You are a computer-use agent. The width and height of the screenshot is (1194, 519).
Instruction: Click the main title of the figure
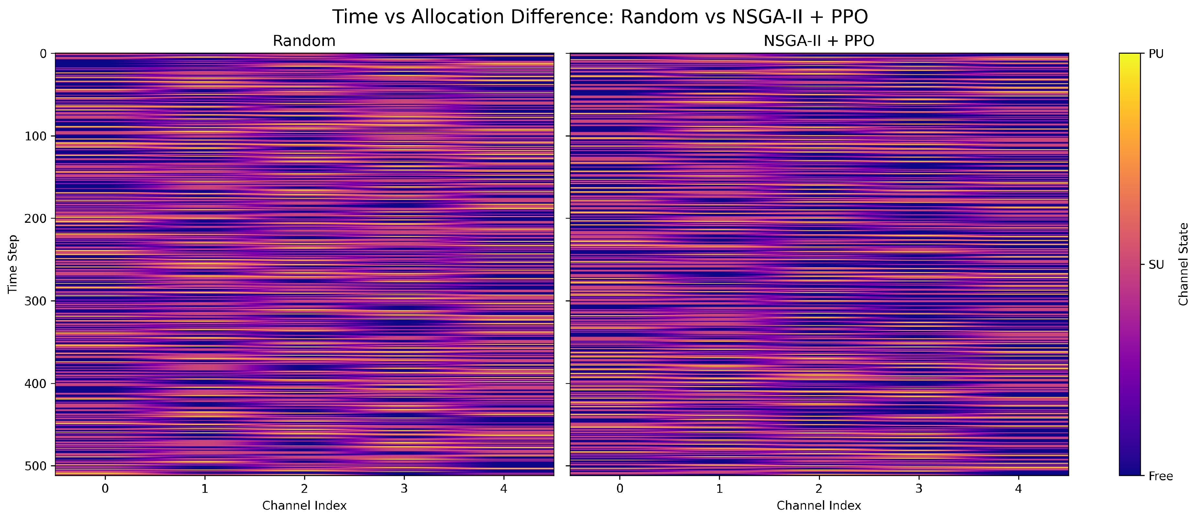[x=600, y=17]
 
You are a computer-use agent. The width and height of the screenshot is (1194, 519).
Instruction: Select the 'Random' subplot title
[x=304, y=41]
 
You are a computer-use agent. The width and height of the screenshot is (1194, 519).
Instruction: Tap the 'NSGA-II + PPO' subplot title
[x=819, y=41]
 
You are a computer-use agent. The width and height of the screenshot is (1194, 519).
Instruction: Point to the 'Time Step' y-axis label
[x=13, y=264]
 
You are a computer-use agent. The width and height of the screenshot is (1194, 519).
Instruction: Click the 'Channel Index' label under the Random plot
[x=304, y=505]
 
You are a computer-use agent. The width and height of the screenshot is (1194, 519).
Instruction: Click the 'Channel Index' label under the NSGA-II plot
[x=819, y=505]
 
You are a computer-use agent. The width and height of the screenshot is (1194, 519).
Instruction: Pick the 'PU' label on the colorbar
[x=1156, y=54]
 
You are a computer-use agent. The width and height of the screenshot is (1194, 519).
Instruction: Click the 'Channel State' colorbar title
[x=1183, y=264]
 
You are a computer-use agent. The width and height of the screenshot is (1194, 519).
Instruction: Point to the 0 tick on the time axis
[x=43, y=54]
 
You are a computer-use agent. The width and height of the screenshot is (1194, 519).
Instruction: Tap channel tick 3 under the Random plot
[x=404, y=488]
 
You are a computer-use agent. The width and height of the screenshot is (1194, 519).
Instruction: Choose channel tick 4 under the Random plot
[x=504, y=488]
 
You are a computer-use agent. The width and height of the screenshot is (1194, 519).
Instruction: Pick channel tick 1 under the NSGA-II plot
[x=719, y=488]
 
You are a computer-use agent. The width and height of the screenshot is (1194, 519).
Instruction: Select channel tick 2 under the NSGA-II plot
[x=819, y=488]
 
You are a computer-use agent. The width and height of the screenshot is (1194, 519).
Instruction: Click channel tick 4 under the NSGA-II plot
[x=1018, y=488]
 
